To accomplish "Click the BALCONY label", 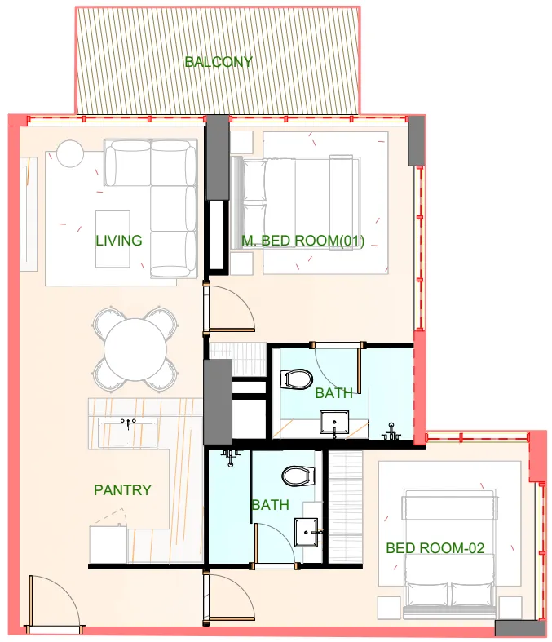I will [218, 62].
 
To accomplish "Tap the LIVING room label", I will [118, 241].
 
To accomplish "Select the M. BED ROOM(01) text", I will [302, 241].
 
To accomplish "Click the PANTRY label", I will [122, 490].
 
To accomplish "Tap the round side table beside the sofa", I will [70, 153].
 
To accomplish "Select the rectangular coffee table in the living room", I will [113, 238].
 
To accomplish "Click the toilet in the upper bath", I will [295, 379].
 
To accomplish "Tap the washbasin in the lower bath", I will [309, 533].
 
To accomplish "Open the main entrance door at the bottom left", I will [54, 604].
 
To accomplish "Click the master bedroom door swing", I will [232, 306].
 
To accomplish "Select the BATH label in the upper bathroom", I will [334, 393].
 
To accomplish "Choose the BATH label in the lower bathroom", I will [270, 505].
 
